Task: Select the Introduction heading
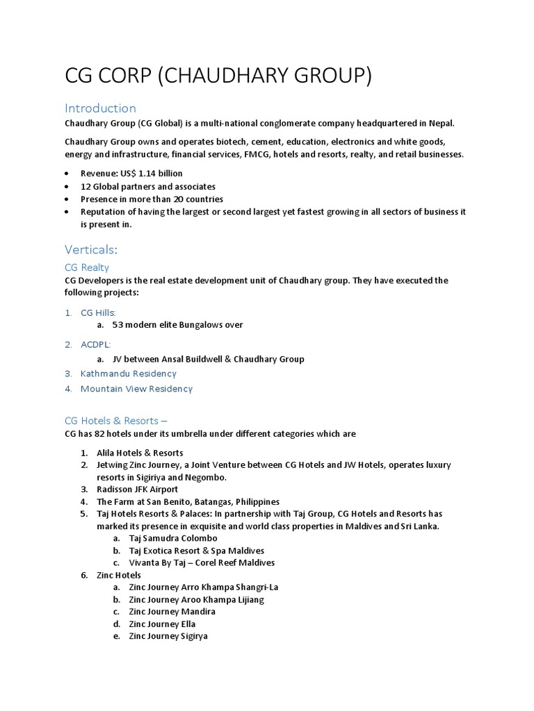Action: (x=100, y=108)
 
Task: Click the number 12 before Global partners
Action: (x=86, y=187)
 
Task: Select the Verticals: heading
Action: (x=90, y=249)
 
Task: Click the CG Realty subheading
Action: (x=86, y=267)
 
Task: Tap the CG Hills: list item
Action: (x=98, y=313)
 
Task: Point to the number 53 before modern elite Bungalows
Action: (x=118, y=325)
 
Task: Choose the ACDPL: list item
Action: (x=95, y=344)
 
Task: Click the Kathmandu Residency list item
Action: (x=129, y=374)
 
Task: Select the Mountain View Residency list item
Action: (x=136, y=389)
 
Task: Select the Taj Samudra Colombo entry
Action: (x=173, y=538)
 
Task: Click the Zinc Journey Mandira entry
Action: (x=172, y=612)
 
